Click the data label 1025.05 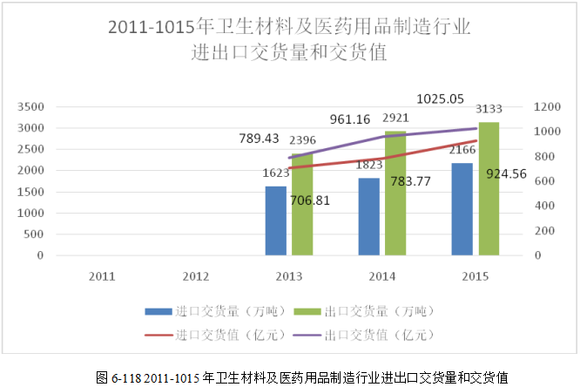tap(441, 99)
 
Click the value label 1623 tap(276, 173)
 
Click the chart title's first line tap(288, 28)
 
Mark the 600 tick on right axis tap(544, 181)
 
